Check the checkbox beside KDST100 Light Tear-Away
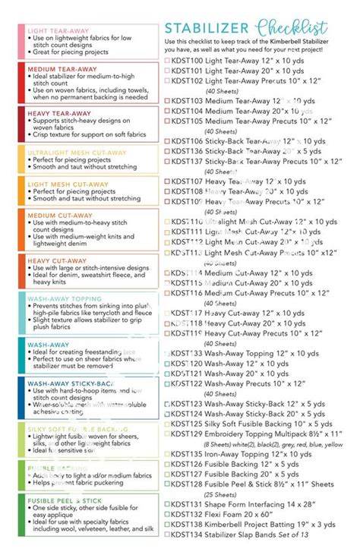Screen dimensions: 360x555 tap(167, 59)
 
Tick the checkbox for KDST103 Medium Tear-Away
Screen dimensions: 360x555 tap(167, 101)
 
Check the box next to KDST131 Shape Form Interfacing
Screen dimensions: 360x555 tap(167, 504)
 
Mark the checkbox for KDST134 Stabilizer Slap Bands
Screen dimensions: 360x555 tap(167, 535)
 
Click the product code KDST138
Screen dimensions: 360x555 tap(188, 525)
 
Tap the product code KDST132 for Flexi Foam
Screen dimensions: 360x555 tap(188, 514)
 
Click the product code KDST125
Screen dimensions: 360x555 tap(188, 424)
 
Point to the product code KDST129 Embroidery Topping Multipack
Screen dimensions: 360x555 tap(188, 434)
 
